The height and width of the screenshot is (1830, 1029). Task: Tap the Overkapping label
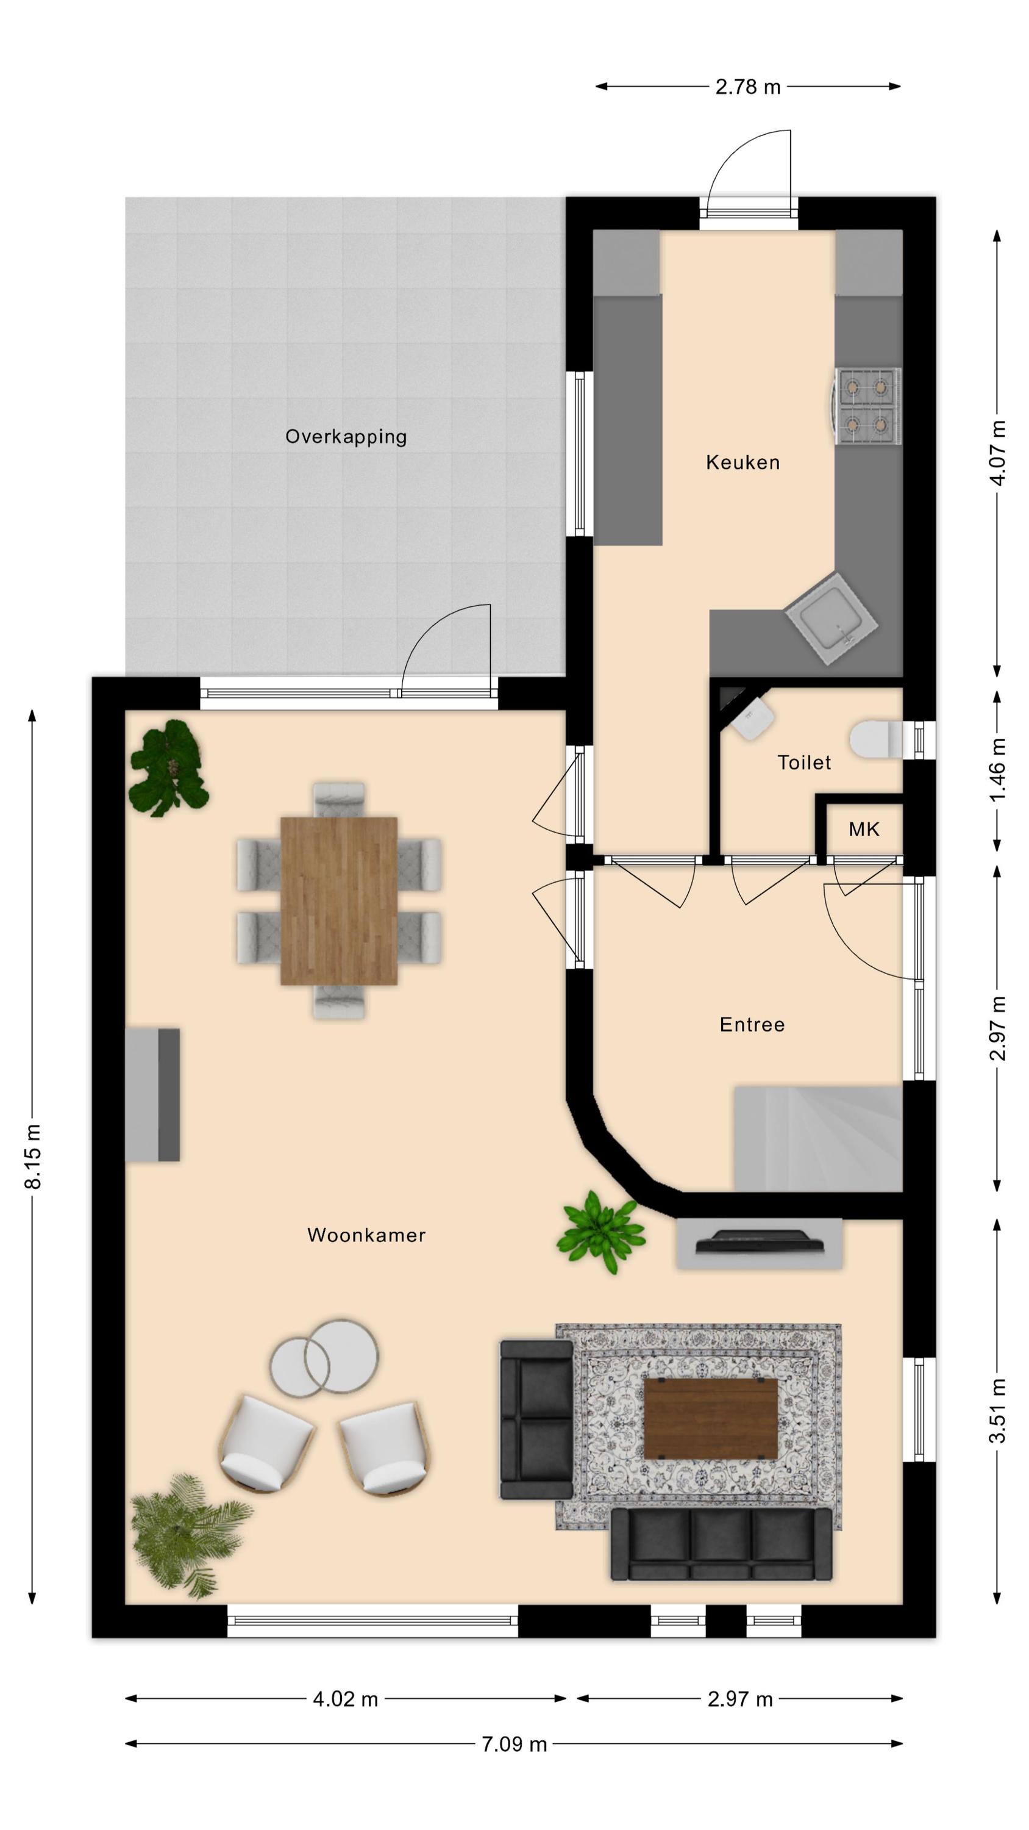tap(346, 437)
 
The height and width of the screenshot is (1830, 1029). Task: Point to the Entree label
tap(752, 1024)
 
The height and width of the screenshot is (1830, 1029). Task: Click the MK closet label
tap(864, 829)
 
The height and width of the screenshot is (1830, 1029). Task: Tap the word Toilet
tap(804, 762)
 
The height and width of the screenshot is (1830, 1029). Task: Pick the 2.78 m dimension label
tap(748, 87)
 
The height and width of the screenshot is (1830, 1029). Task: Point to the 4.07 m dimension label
tap(997, 453)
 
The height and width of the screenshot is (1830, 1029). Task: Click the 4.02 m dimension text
tap(345, 1699)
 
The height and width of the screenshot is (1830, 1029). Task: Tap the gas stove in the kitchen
tap(866, 406)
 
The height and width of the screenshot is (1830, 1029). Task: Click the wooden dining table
tap(339, 901)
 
